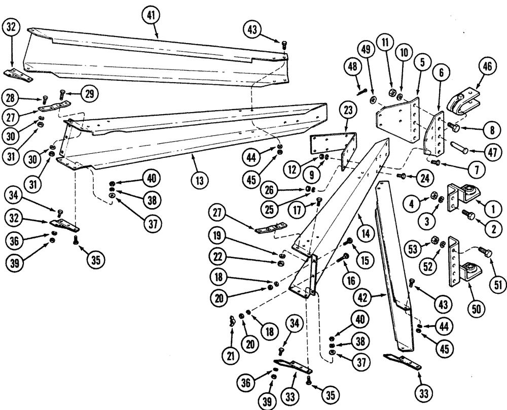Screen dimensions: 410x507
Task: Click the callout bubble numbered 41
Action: pos(151,17)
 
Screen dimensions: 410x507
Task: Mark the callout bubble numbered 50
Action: pos(466,307)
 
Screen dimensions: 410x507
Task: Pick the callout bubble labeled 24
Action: pos(425,178)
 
